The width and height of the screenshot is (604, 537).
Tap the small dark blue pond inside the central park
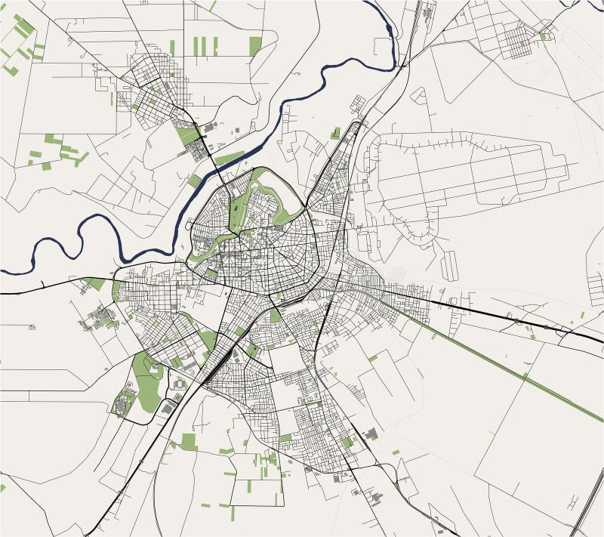[x=235, y=205]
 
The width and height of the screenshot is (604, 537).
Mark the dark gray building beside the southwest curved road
[x=168, y=408]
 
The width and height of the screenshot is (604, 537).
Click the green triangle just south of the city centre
[x=275, y=315]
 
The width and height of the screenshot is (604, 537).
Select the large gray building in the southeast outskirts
[x=371, y=434]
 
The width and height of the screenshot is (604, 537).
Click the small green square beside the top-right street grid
[x=544, y=35]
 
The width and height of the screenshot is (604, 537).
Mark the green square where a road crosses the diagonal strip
[x=525, y=375]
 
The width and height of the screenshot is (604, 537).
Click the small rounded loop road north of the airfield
[x=418, y=94]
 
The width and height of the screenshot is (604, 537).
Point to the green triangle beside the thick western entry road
[x=96, y=283]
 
